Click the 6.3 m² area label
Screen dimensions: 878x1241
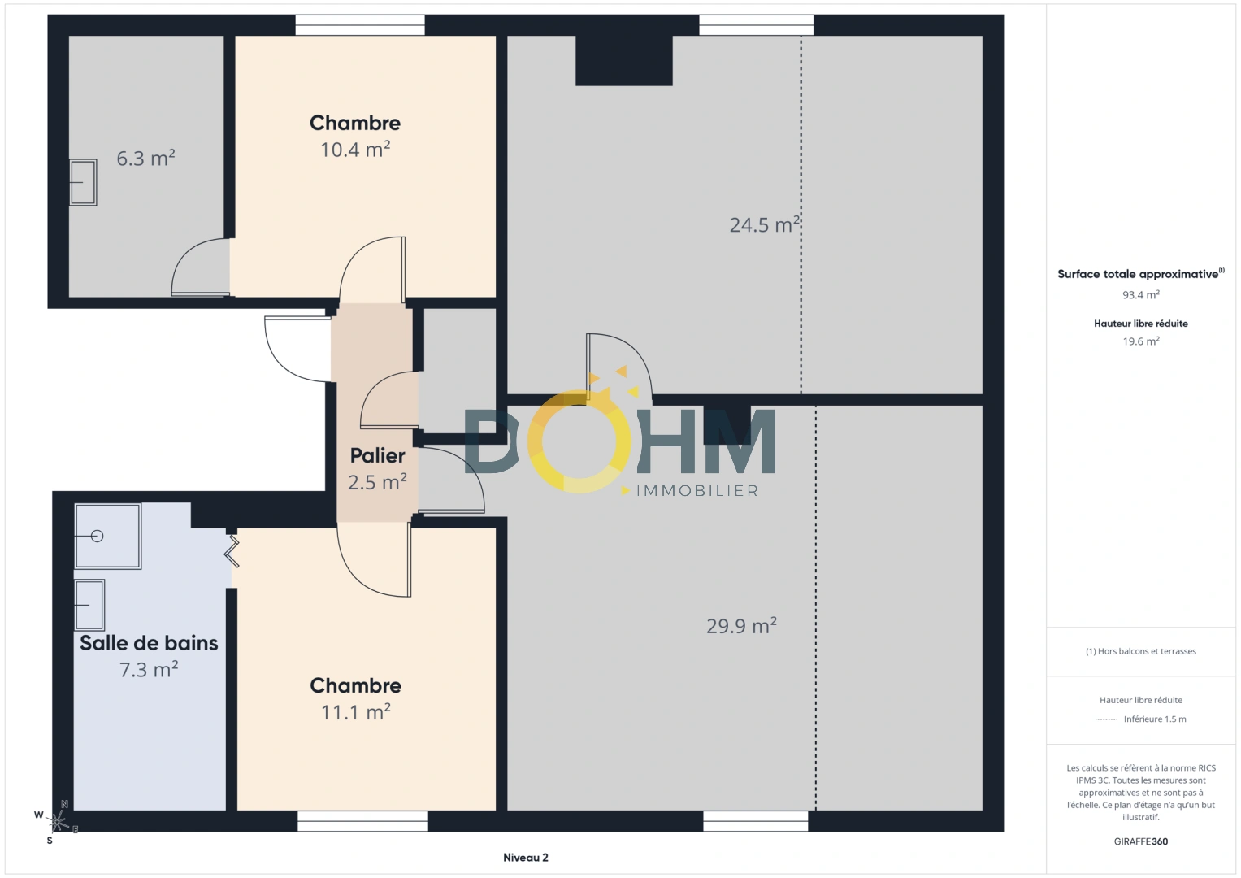click(x=145, y=159)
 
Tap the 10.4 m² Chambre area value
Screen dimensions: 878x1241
click(x=355, y=150)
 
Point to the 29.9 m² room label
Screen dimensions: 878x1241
click(x=741, y=626)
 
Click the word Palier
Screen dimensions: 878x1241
click(x=377, y=455)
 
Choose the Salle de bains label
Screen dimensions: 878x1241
click(x=149, y=643)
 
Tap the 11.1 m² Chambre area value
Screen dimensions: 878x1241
click(x=355, y=712)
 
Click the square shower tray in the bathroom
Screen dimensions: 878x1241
click(x=107, y=536)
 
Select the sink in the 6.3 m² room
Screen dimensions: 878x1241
click(x=83, y=182)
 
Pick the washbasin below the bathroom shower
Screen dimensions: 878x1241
click(x=89, y=605)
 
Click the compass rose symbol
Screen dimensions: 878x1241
click(x=58, y=821)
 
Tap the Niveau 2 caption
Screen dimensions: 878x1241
click(x=525, y=858)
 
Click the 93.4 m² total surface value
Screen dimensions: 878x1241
click(x=1140, y=295)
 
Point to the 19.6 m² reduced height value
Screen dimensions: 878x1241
click(x=1140, y=341)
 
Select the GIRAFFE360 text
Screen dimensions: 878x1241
click(x=1140, y=841)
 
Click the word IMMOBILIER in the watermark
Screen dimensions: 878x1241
click(x=696, y=491)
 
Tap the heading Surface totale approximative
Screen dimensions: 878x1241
click(x=1138, y=274)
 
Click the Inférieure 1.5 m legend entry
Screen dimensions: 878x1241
click(x=1154, y=719)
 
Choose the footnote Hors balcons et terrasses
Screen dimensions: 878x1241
click(x=1140, y=651)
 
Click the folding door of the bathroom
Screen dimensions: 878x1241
click(x=232, y=550)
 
